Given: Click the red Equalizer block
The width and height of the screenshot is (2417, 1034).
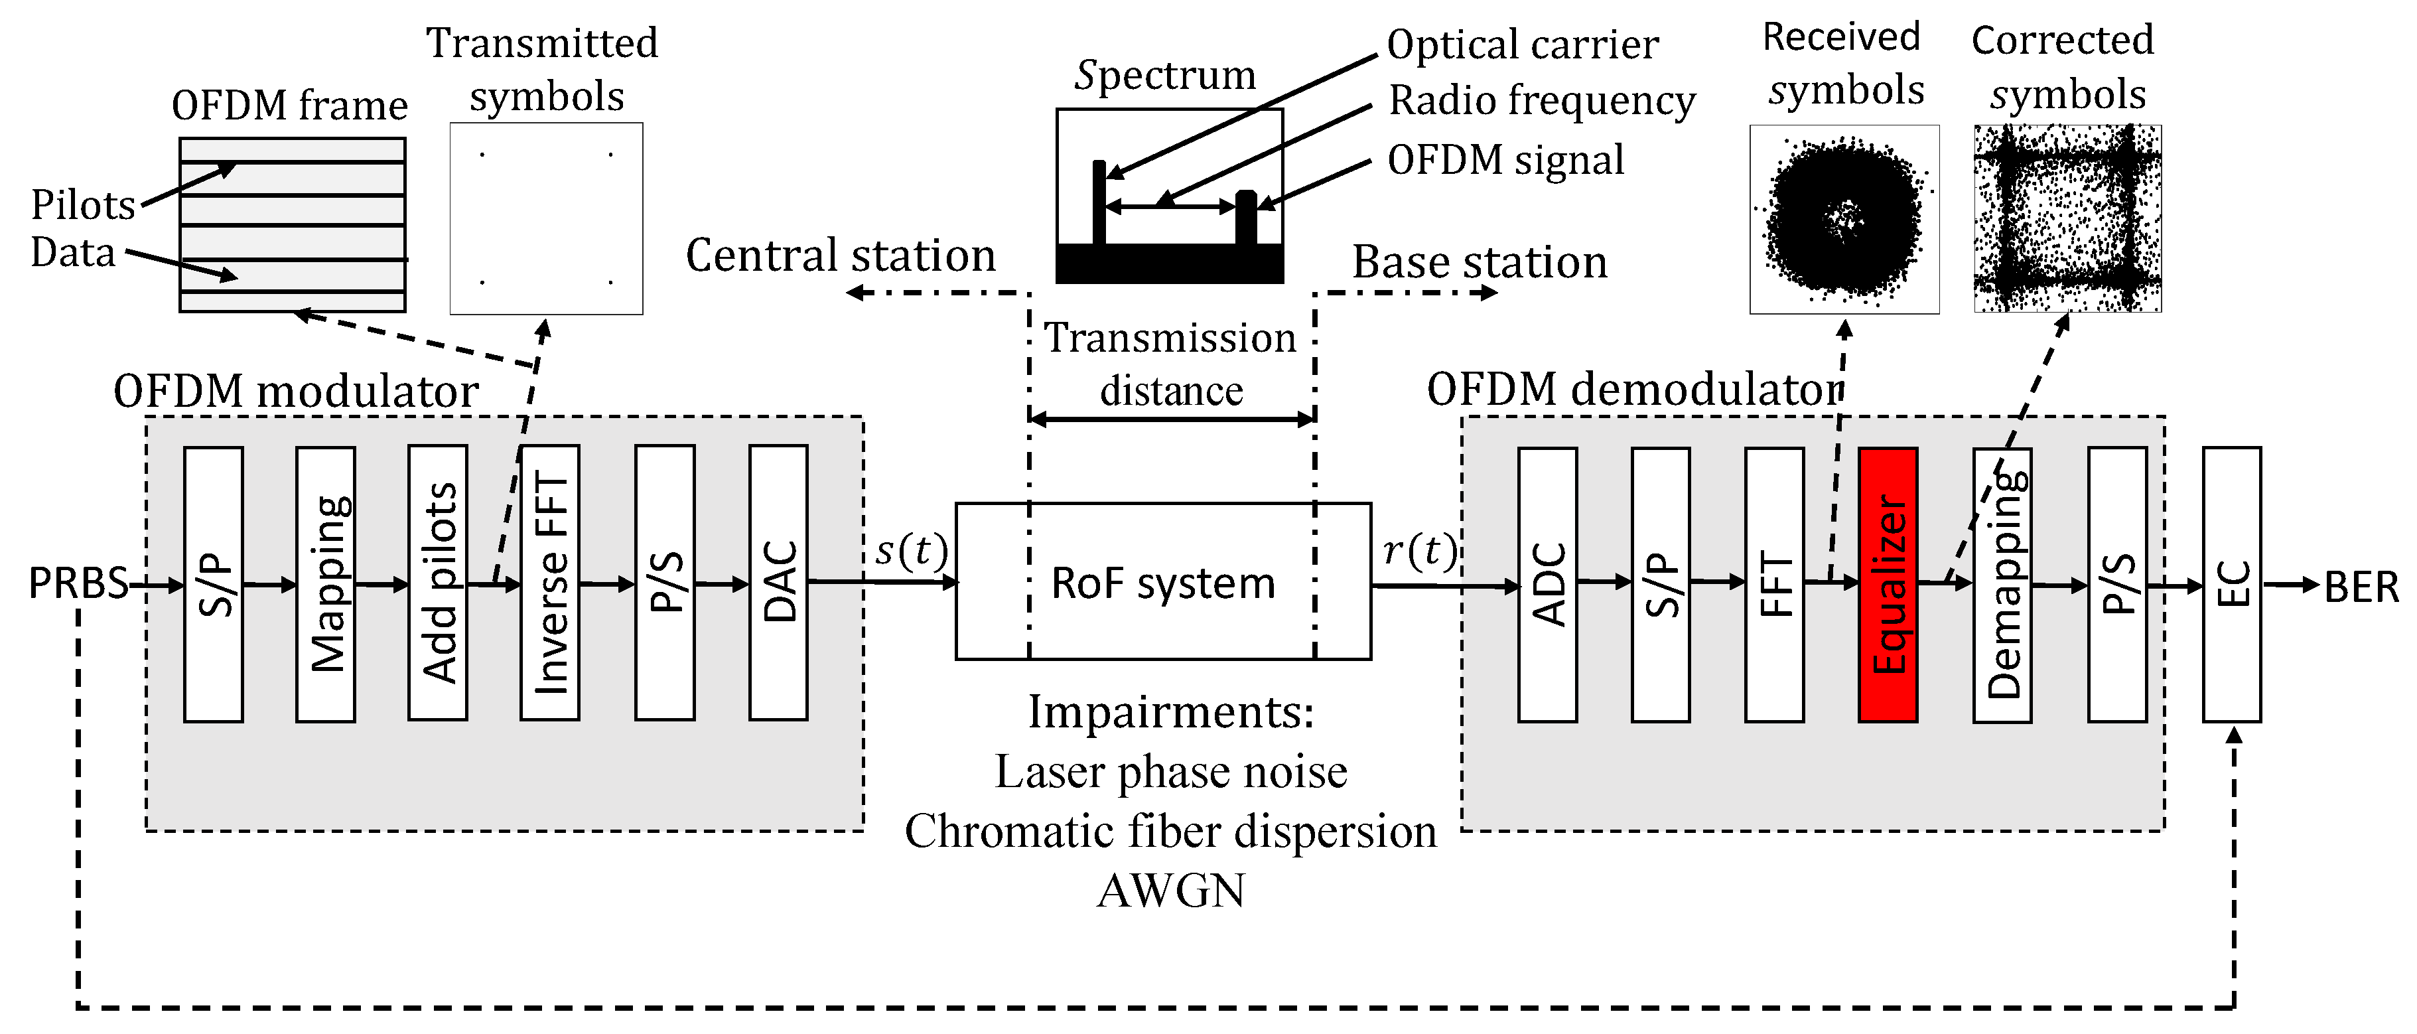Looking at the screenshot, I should [1887, 585].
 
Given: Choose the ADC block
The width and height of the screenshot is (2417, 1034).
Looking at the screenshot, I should [1547, 585].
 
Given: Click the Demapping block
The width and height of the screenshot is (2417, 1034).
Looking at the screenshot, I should [2002, 585].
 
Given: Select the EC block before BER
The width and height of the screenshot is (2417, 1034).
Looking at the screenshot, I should [2231, 585].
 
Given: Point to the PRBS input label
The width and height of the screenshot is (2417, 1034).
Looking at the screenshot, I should [77, 583].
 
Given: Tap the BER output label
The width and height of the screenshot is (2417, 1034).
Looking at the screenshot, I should [2361, 587].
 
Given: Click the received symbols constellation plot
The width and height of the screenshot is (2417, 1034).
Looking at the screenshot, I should [1844, 218].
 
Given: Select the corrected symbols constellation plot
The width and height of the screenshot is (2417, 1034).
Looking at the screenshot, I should [2067, 218].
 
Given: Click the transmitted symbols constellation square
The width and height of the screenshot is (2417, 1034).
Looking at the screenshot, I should [546, 218].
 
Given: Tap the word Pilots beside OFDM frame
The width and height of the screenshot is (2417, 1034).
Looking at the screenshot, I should [82, 204].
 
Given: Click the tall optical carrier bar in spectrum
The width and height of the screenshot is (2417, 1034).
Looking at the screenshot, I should [1099, 202].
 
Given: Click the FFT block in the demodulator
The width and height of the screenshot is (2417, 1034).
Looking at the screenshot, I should [1773, 585].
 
